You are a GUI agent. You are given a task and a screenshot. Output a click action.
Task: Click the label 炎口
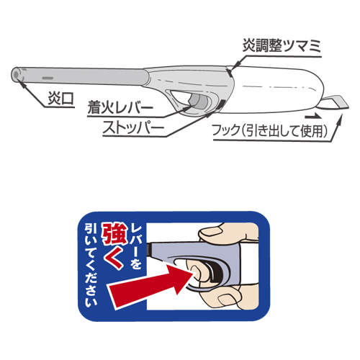tap(60, 98)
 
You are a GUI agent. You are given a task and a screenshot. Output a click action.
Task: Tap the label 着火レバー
tap(120, 107)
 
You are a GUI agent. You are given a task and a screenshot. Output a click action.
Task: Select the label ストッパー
tap(133, 127)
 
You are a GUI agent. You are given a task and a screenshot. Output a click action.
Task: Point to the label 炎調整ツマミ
tap(282, 45)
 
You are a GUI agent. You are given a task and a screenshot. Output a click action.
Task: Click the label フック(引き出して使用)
tap(269, 131)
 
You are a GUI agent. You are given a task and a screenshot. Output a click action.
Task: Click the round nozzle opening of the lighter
tap(16, 75)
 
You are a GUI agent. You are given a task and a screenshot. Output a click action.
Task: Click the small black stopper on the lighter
tap(220, 104)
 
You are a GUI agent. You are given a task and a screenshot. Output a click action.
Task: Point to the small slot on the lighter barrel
tap(48, 78)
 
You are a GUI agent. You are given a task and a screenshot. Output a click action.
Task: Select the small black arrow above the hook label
tap(314, 117)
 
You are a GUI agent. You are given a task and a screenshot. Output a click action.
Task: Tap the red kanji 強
tap(114, 234)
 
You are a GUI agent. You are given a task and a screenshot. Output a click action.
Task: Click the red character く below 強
tap(114, 258)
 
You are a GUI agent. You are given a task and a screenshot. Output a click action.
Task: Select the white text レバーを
tap(136, 246)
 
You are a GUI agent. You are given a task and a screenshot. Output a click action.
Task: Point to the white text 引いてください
tap(91, 266)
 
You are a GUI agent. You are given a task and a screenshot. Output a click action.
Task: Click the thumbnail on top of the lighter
tap(212, 232)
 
